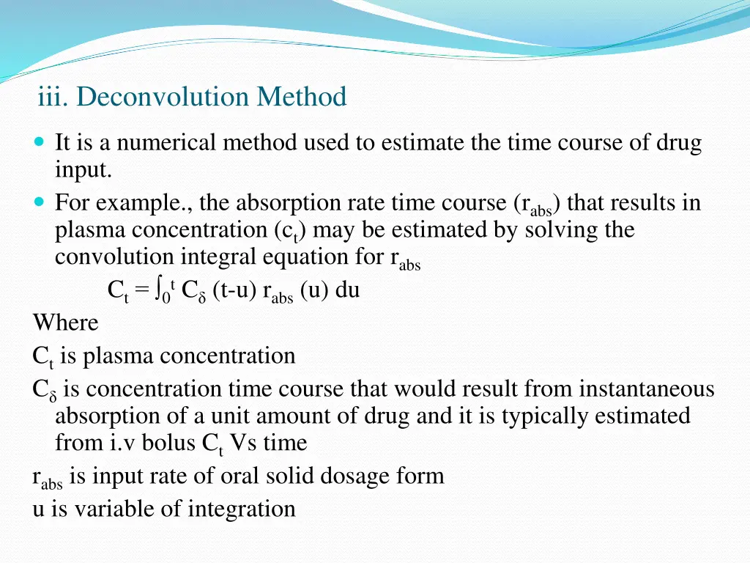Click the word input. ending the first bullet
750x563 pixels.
click(x=83, y=170)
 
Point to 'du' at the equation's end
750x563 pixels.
click(x=347, y=290)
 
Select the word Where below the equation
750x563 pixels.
click(x=65, y=323)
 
